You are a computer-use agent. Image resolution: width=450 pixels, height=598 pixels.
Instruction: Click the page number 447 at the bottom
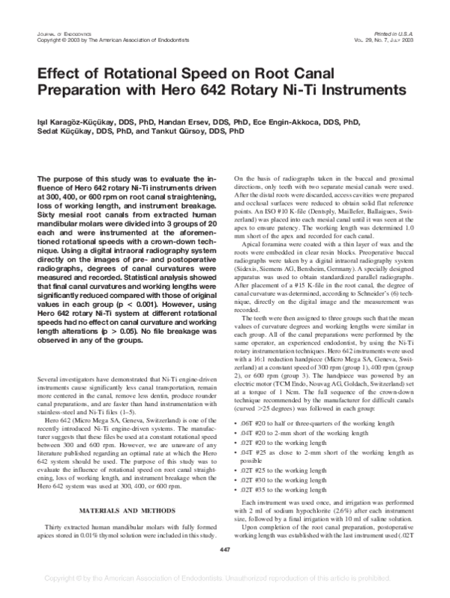pyautogui.click(x=225, y=552)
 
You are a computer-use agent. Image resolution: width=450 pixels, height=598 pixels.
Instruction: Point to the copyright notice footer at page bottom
pyautogui.click(x=225, y=579)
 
